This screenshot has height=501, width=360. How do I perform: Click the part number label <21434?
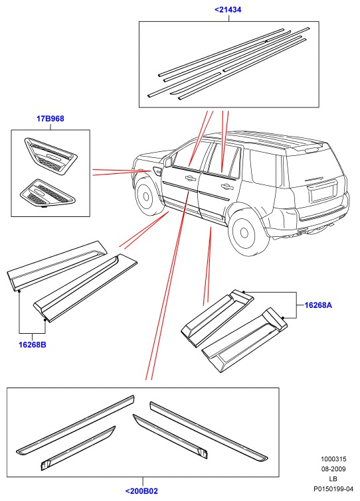coord(228,10)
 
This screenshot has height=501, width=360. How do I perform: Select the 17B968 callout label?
coord(50,119)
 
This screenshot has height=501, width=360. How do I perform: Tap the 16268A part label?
coord(318,305)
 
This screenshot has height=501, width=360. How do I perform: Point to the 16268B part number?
coord(33,345)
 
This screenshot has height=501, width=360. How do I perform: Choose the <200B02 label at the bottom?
coord(141,491)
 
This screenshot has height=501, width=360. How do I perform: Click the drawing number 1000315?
coord(333,459)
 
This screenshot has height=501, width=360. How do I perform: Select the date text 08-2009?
coord(333,469)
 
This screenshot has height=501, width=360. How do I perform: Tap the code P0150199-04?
coord(333,489)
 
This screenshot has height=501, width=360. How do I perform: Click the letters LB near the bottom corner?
coord(333,479)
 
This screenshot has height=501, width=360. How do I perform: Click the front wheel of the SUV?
coord(146,196)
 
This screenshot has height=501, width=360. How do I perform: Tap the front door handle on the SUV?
coord(189,179)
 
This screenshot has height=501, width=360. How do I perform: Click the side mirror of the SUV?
coord(167,162)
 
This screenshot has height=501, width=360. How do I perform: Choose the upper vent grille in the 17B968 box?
coord(50,156)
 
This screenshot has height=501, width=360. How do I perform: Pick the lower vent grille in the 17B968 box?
coord(47,192)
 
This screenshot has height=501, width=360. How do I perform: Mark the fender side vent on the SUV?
coord(157,172)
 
